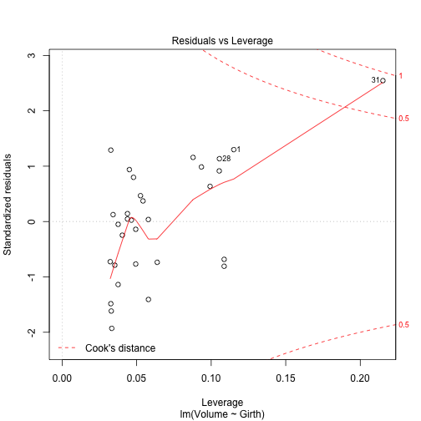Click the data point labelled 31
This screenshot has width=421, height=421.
pyautogui.click(x=383, y=81)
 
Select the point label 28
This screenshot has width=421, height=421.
pyautogui.click(x=226, y=158)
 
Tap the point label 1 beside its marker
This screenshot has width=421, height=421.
pyautogui.click(x=238, y=150)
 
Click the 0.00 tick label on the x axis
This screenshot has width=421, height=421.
pyautogui.click(x=62, y=378)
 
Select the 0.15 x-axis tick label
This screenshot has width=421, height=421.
pyautogui.click(x=286, y=378)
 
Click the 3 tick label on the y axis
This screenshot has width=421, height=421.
pyautogui.click(x=32, y=55)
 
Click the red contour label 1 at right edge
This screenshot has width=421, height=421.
pyautogui.click(x=401, y=76)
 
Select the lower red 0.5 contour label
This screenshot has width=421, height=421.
pyautogui.click(x=404, y=325)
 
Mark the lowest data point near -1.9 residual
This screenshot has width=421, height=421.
pyautogui.click(x=112, y=328)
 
